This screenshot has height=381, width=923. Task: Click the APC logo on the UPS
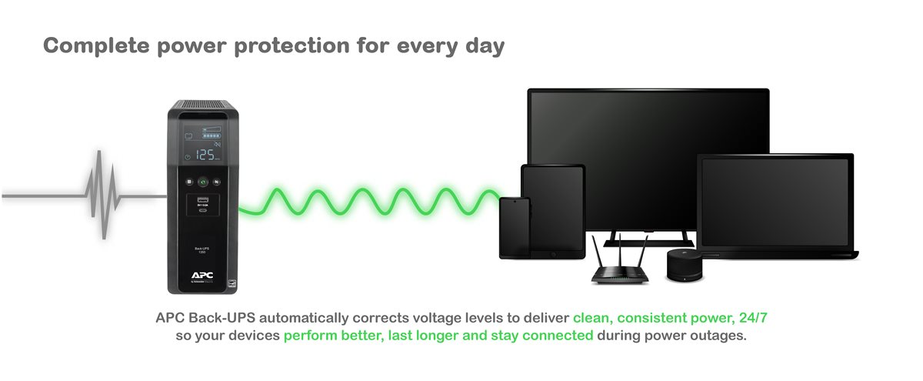pos(203,273)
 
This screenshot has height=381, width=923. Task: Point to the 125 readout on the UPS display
pos(205,155)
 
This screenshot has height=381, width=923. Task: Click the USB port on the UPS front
pos(204,202)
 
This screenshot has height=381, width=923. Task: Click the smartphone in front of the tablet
pos(514,228)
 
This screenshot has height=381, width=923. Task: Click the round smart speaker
pos(681,266)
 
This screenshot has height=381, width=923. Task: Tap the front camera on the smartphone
pos(514,202)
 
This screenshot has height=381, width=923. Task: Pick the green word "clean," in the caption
pos(595,317)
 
